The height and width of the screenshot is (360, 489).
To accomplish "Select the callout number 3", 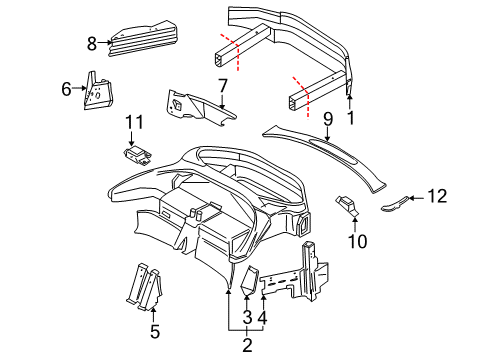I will [x=245, y=317].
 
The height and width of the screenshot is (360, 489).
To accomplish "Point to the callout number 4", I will [x=262, y=317].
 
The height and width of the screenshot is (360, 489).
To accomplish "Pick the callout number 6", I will [x=66, y=88].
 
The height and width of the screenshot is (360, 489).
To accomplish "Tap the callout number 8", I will [x=92, y=43].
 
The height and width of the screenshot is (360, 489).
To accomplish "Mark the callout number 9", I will [x=327, y=118].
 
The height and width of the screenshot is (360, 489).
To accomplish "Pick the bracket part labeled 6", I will [x=98, y=90].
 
